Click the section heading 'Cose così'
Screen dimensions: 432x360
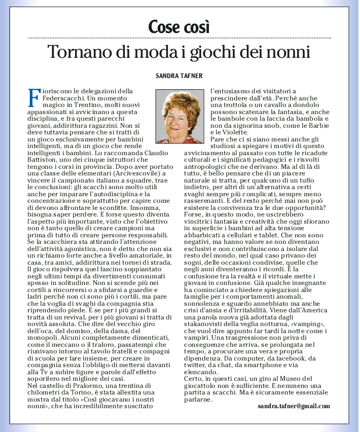click(179, 26)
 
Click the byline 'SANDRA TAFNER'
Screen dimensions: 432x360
click(179, 76)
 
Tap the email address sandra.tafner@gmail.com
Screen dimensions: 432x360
click(294, 406)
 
